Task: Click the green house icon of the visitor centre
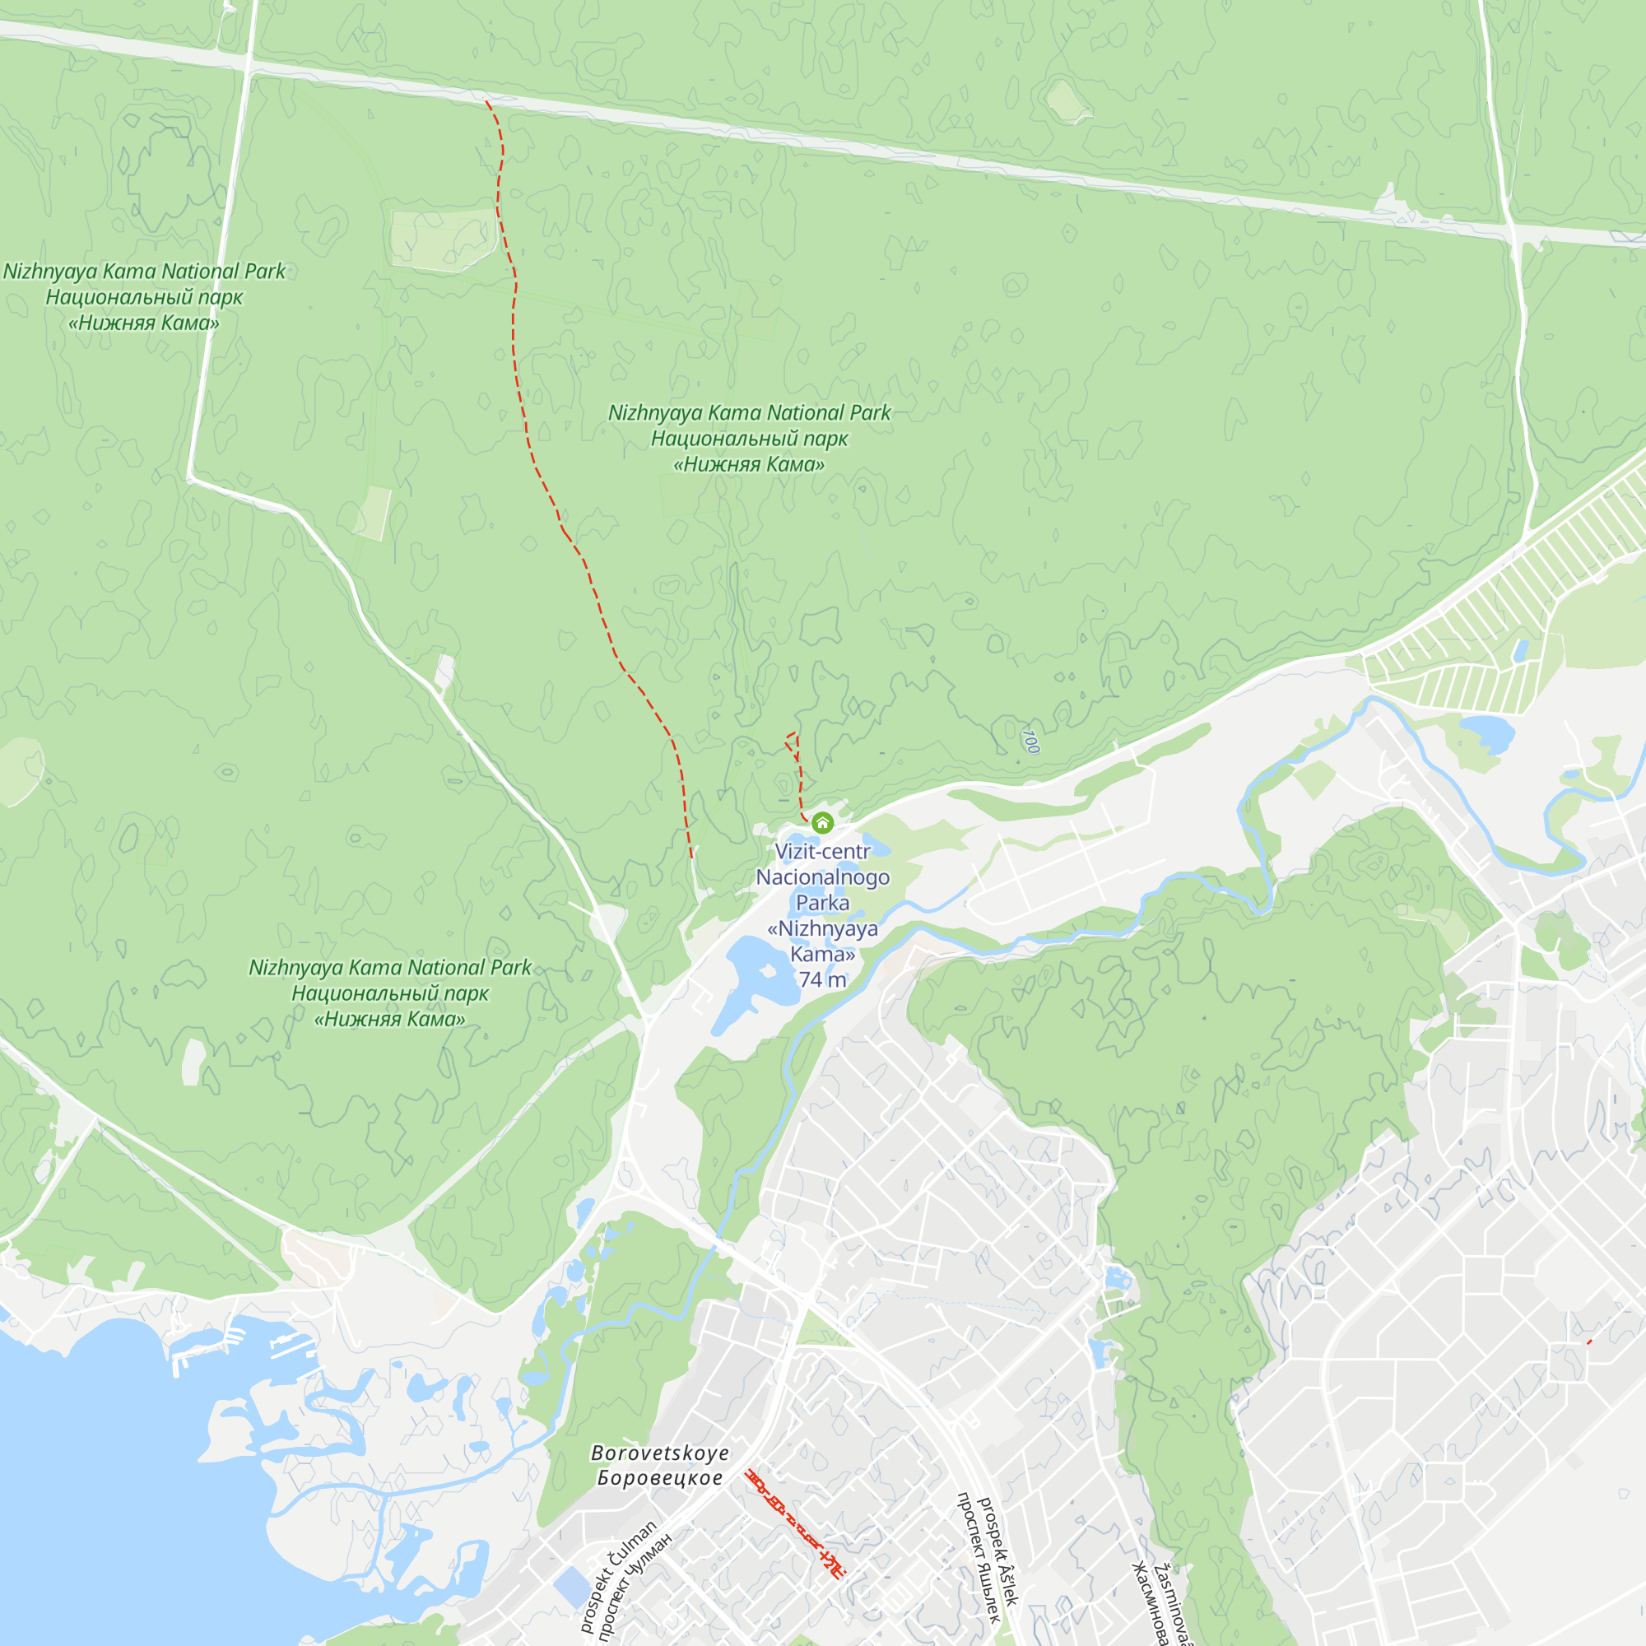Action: [x=822, y=822]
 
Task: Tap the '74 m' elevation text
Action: [x=822, y=979]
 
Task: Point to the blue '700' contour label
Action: [x=1030, y=741]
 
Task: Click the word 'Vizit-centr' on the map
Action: [x=822, y=851]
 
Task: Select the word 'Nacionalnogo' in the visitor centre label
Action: [x=822, y=876]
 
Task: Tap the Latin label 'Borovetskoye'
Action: [x=660, y=1453]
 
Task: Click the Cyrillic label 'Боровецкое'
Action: [x=660, y=1478]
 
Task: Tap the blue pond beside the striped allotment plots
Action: [x=1487, y=732]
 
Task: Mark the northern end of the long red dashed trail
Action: [x=486, y=102]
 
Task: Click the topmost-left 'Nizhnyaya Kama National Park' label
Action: [x=144, y=271]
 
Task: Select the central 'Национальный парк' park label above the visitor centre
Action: [x=749, y=439]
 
